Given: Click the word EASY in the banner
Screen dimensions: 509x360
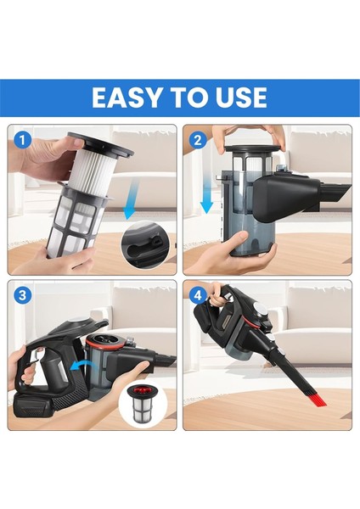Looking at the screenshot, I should tap(129, 97).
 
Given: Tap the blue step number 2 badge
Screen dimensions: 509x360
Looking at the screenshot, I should tap(198, 139).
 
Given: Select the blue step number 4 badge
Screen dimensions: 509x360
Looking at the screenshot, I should tap(198, 296).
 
